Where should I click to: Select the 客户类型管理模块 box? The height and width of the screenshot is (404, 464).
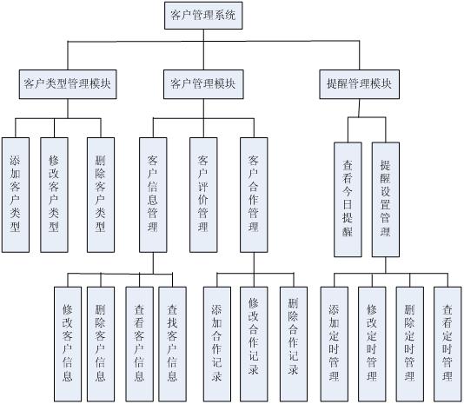[x=68, y=84]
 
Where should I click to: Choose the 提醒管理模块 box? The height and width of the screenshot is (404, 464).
[x=358, y=84]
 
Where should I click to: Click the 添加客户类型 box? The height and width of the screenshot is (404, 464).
[x=16, y=194]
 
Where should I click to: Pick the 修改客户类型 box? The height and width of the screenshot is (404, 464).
[x=55, y=194]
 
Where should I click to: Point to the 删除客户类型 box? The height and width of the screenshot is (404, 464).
[x=101, y=194]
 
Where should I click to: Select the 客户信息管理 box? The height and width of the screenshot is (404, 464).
[x=154, y=194]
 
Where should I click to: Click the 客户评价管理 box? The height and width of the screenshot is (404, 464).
[x=203, y=194]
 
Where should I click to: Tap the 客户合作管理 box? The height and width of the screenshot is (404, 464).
[x=254, y=194]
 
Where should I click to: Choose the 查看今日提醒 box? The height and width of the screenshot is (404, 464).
[x=348, y=199]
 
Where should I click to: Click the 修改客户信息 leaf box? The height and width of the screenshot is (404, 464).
[x=68, y=343]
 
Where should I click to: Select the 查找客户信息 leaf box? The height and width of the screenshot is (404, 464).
[x=172, y=343]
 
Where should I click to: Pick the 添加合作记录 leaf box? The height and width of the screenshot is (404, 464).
[x=217, y=343]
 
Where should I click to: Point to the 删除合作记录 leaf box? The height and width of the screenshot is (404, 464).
[x=293, y=343]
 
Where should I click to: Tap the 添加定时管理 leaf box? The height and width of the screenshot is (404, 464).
[x=335, y=343]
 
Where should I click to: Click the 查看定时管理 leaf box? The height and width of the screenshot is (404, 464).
[x=447, y=343]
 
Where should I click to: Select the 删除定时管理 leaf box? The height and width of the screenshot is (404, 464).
[x=409, y=343]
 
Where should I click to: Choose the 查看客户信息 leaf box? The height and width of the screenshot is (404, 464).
[x=139, y=343]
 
